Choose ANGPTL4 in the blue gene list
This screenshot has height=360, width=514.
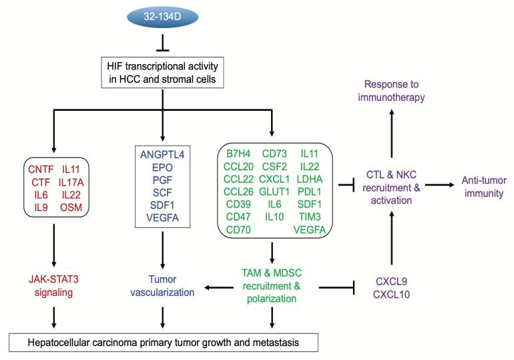[161, 156]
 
